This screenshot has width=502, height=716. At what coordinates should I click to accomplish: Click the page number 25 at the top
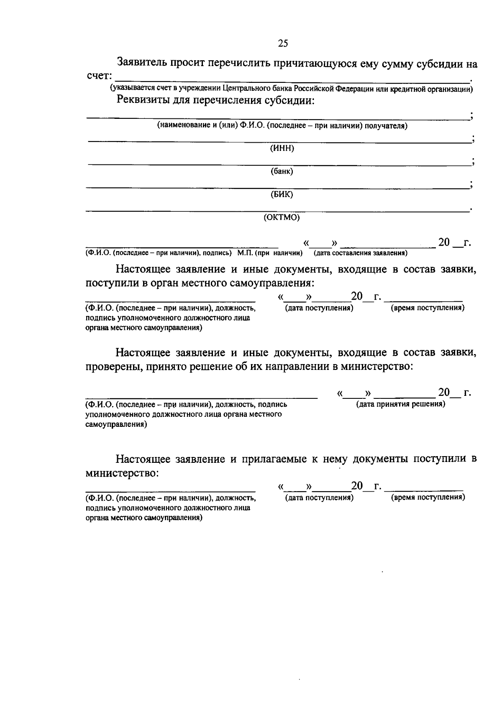point(283,44)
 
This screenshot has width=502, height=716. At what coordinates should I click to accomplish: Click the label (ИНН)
point(282,149)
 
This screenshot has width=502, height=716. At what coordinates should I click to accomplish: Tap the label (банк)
point(282,172)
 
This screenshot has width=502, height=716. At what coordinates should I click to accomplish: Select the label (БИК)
point(282,195)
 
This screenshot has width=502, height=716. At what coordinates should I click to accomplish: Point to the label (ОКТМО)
point(282,218)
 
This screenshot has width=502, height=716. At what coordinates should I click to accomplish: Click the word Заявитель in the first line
point(143,63)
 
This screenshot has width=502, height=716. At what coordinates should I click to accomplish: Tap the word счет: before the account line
point(99,76)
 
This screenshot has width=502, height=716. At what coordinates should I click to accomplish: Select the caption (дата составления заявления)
point(361,253)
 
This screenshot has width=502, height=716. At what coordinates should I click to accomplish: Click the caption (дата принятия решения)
point(400,404)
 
